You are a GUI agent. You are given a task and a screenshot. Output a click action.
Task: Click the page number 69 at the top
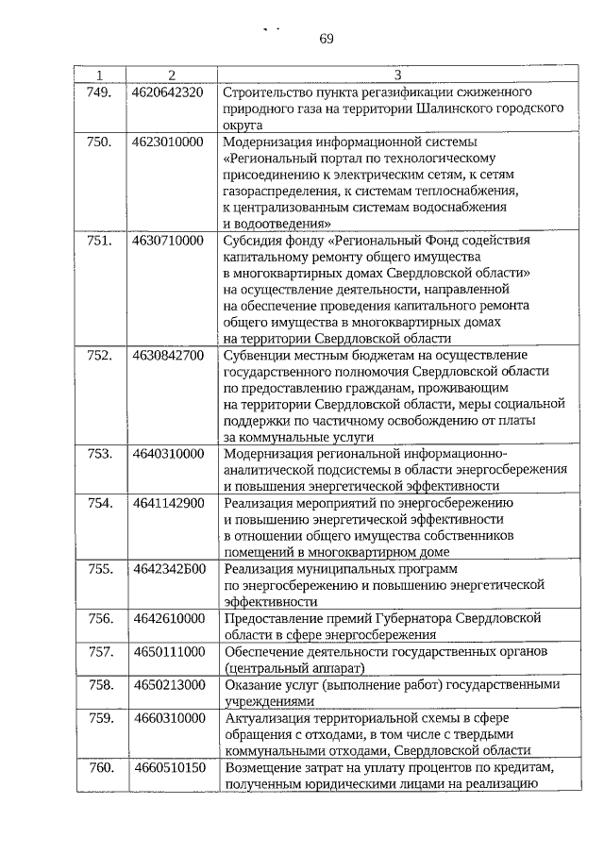pos(327,39)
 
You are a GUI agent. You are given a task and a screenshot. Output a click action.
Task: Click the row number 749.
pos(99,92)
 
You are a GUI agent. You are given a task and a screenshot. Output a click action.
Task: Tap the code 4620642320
pos(168,92)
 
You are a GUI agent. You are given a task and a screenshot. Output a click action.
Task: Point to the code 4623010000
pos(168,142)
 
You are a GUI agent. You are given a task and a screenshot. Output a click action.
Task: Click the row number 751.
pos(99,241)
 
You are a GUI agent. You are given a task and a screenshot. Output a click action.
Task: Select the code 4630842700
pos(168,355)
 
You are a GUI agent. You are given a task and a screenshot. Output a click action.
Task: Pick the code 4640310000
pos(168,454)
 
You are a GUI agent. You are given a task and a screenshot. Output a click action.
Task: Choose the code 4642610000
pos(168,618)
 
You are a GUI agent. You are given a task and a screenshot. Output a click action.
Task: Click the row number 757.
pos(99,652)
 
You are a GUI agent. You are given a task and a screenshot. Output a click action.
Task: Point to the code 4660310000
pos(168,718)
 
